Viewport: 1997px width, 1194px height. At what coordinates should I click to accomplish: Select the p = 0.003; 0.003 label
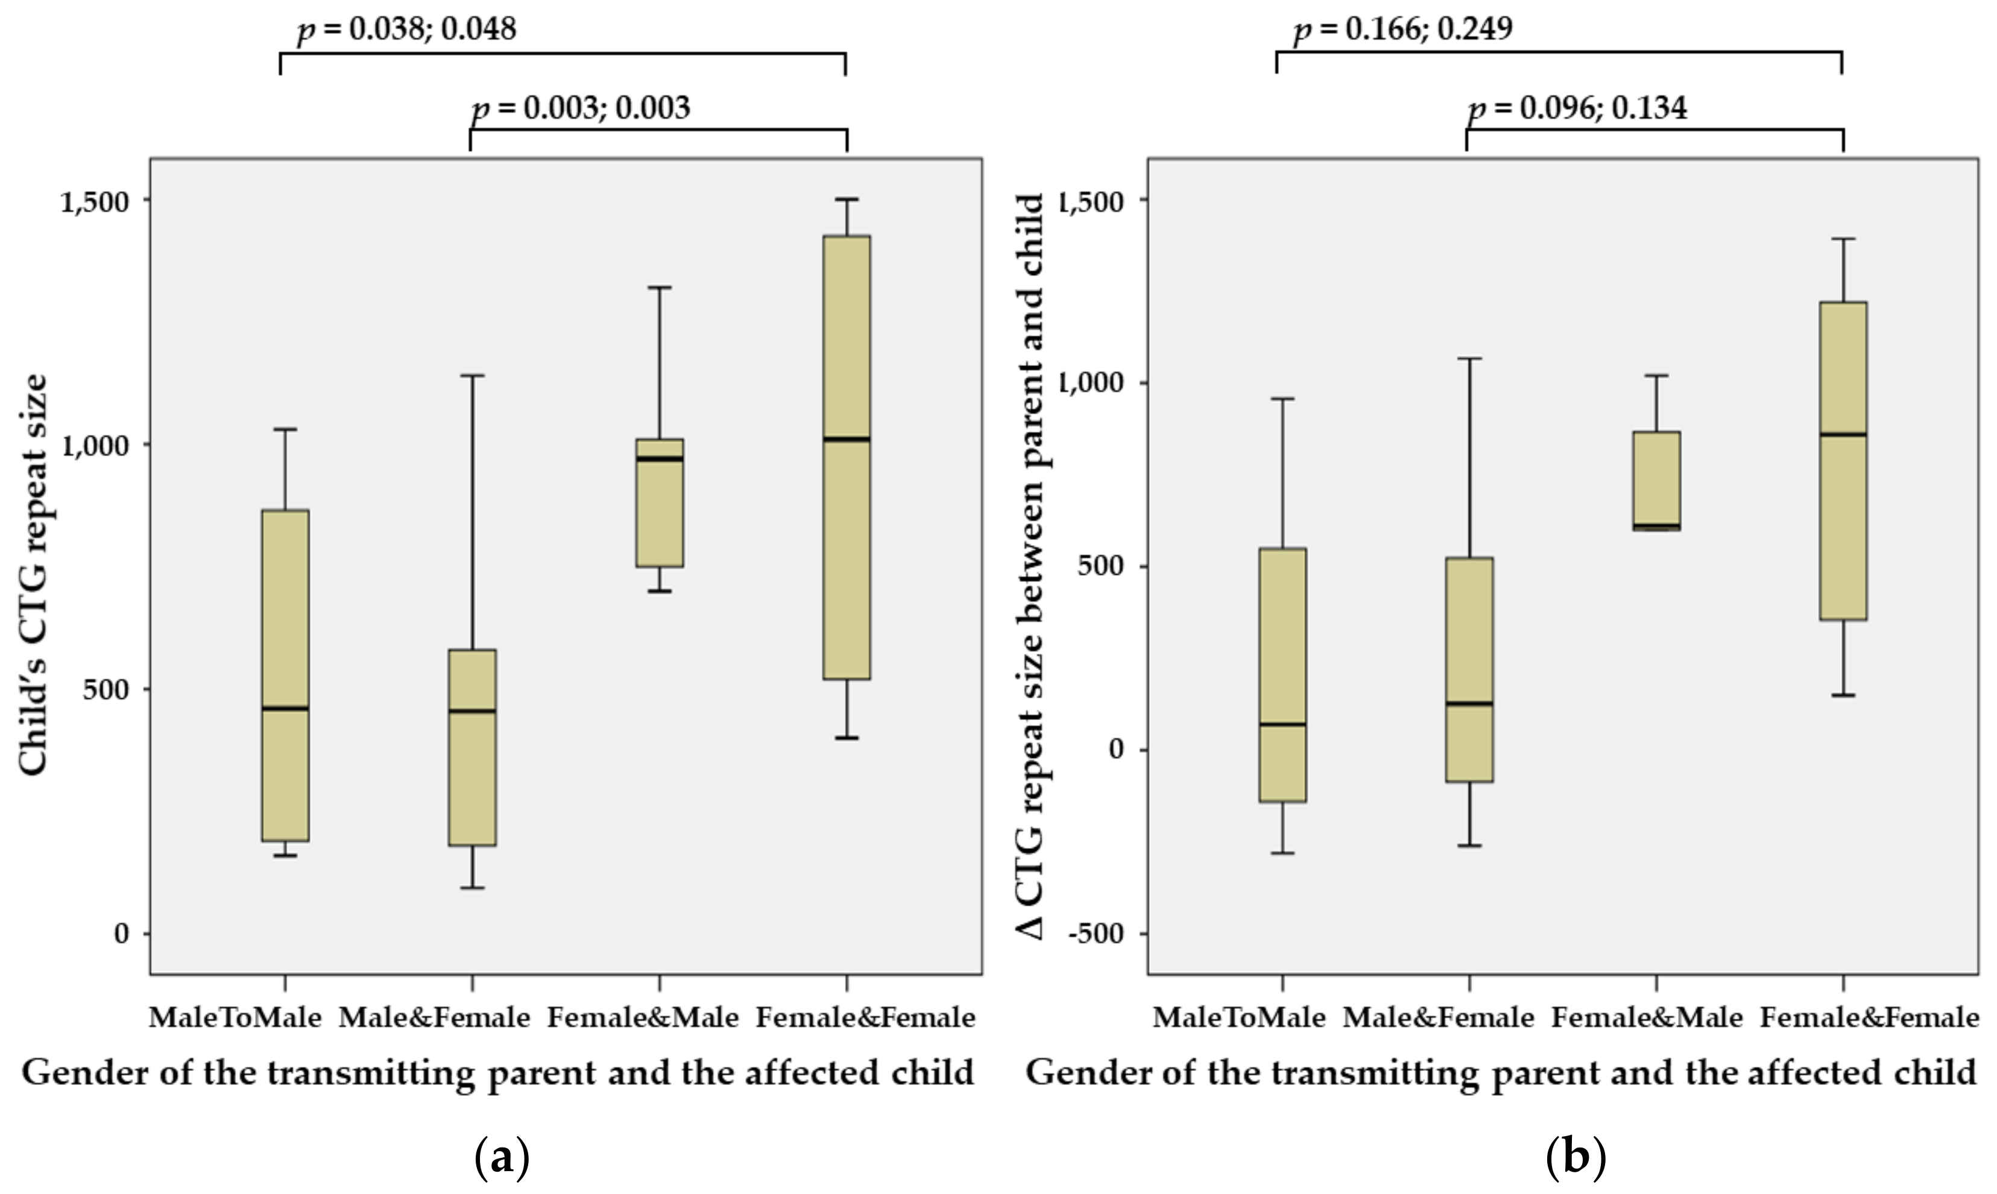[x=581, y=108]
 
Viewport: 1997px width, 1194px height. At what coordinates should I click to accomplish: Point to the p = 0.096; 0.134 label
[x=1577, y=108]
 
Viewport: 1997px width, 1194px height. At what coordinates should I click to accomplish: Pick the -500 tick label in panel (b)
[x=1096, y=934]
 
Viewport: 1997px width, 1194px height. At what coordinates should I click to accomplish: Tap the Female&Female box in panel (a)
[x=846, y=457]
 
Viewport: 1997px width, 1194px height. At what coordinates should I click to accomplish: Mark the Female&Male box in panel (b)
[x=1656, y=481]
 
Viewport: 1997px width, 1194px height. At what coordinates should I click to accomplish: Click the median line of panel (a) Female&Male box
[x=660, y=459]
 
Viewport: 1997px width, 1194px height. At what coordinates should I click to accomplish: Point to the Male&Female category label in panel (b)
[x=1438, y=1019]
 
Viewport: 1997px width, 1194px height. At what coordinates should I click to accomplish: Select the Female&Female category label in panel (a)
[x=865, y=1019]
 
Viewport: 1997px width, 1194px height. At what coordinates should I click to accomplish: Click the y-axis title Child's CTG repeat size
[x=34, y=575]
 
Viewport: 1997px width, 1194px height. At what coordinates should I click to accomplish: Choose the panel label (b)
[x=1576, y=1158]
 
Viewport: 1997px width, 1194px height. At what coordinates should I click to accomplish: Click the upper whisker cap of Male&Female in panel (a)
[x=472, y=375]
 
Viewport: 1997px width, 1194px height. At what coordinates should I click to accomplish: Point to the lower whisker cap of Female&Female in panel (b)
[x=1843, y=694]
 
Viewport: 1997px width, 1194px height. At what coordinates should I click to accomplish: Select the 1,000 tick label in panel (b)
[x=1092, y=383]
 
